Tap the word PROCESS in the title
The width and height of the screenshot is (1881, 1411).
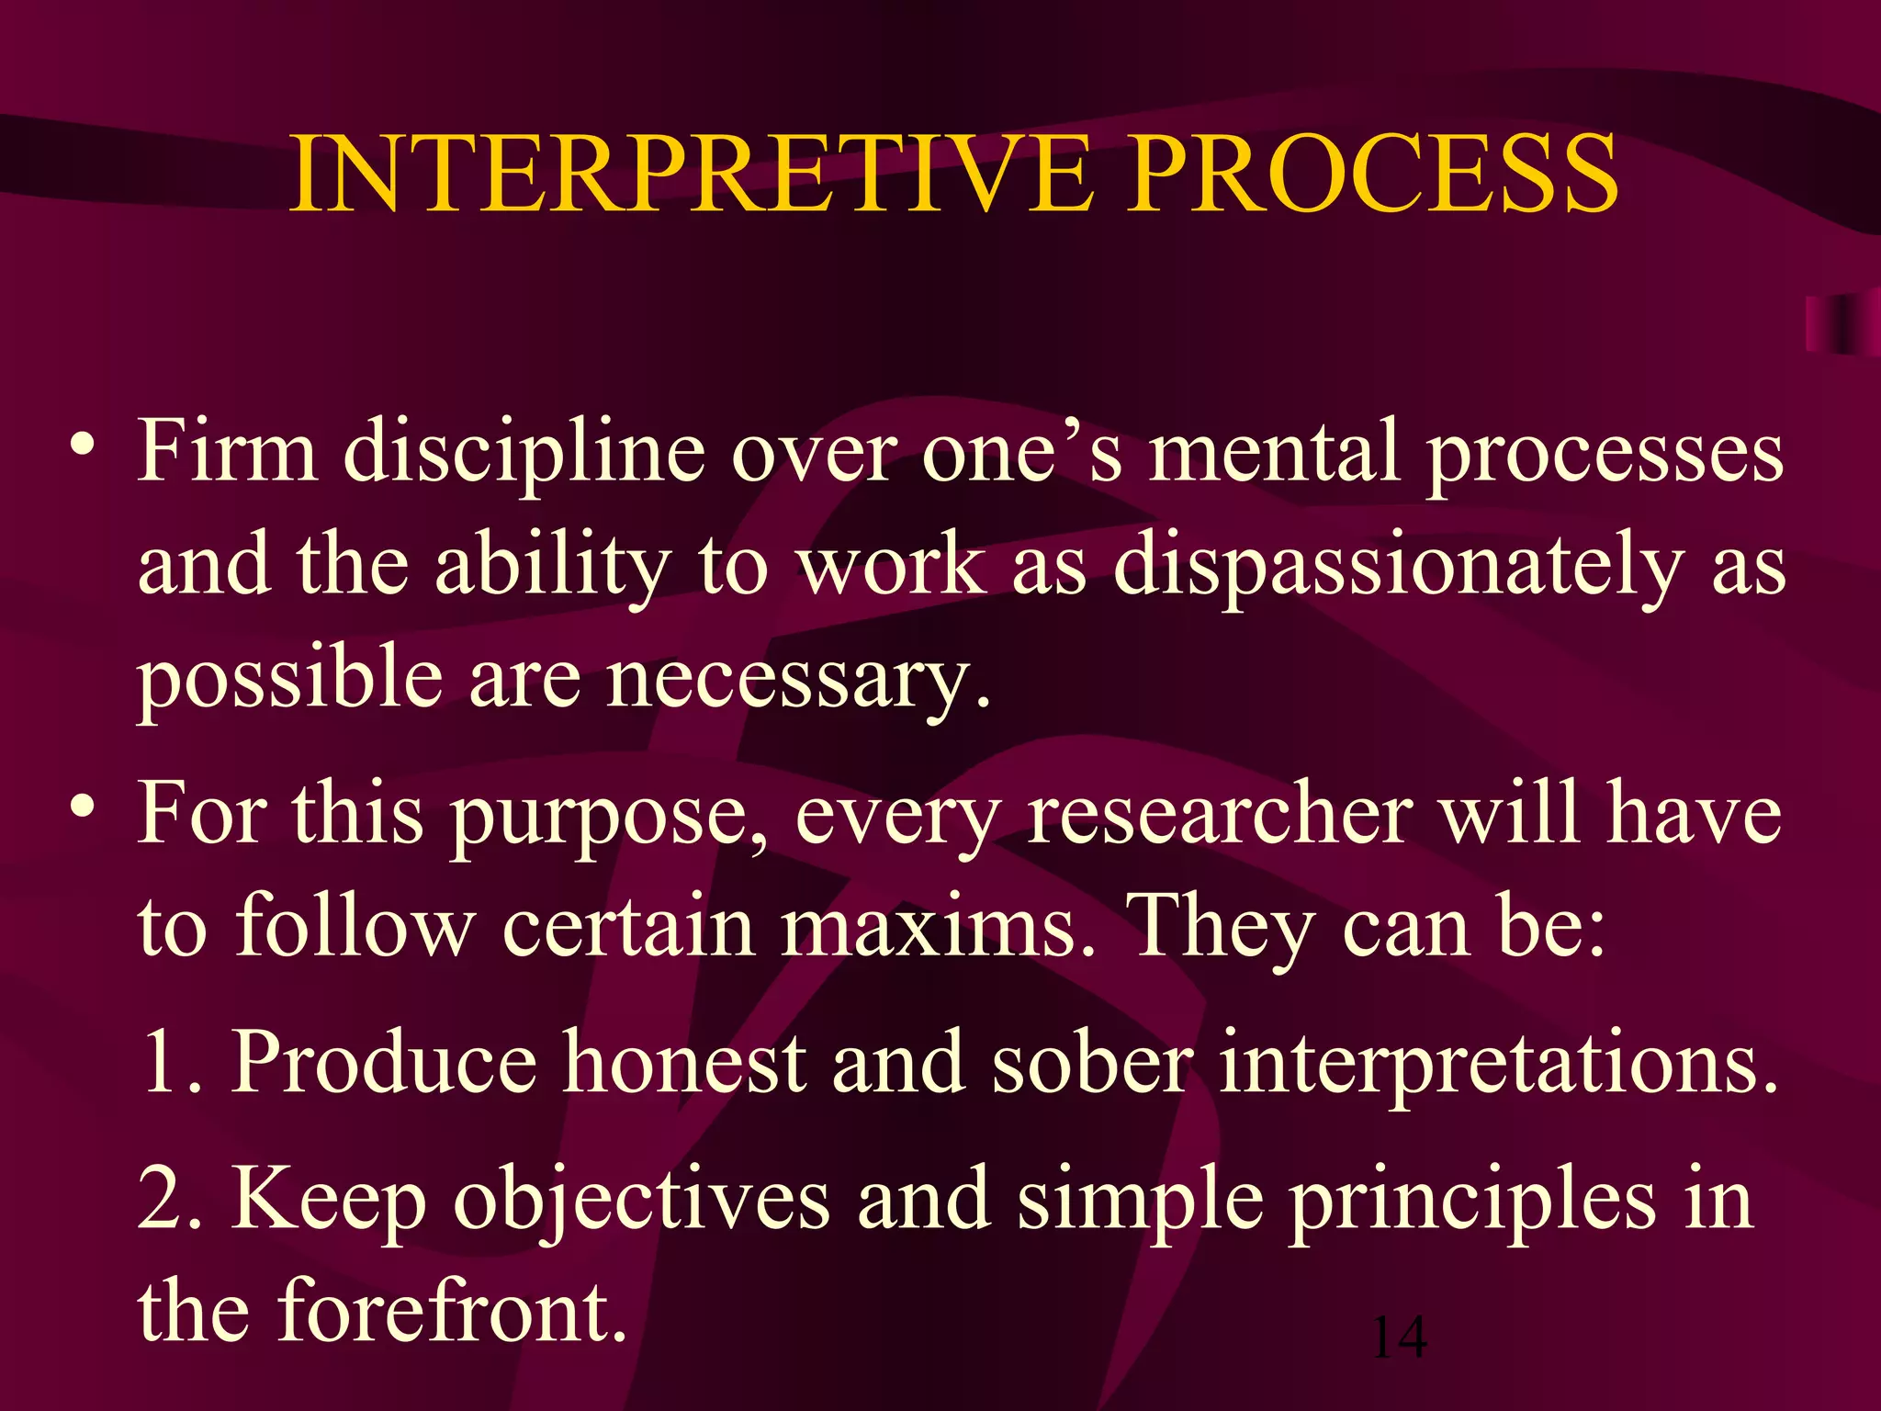click(1374, 175)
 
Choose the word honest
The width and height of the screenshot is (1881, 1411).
click(685, 1062)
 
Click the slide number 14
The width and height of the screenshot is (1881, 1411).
click(1398, 1338)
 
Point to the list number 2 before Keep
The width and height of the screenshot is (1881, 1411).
click(165, 1200)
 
